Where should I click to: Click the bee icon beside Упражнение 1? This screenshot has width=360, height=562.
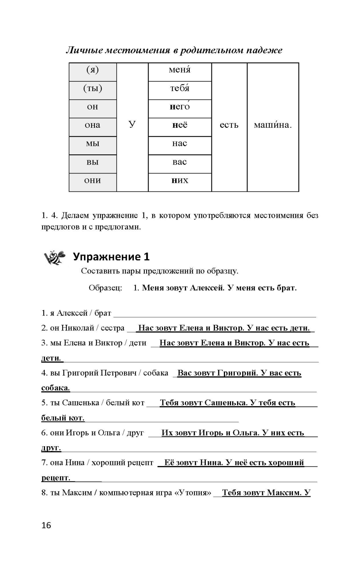(55, 257)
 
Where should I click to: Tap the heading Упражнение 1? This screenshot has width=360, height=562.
(111, 257)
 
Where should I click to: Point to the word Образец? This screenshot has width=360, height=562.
(105, 288)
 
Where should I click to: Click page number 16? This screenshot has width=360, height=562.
(46, 526)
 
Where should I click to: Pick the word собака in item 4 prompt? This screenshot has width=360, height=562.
(156, 373)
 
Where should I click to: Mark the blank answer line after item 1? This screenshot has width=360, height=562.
(214, 315)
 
